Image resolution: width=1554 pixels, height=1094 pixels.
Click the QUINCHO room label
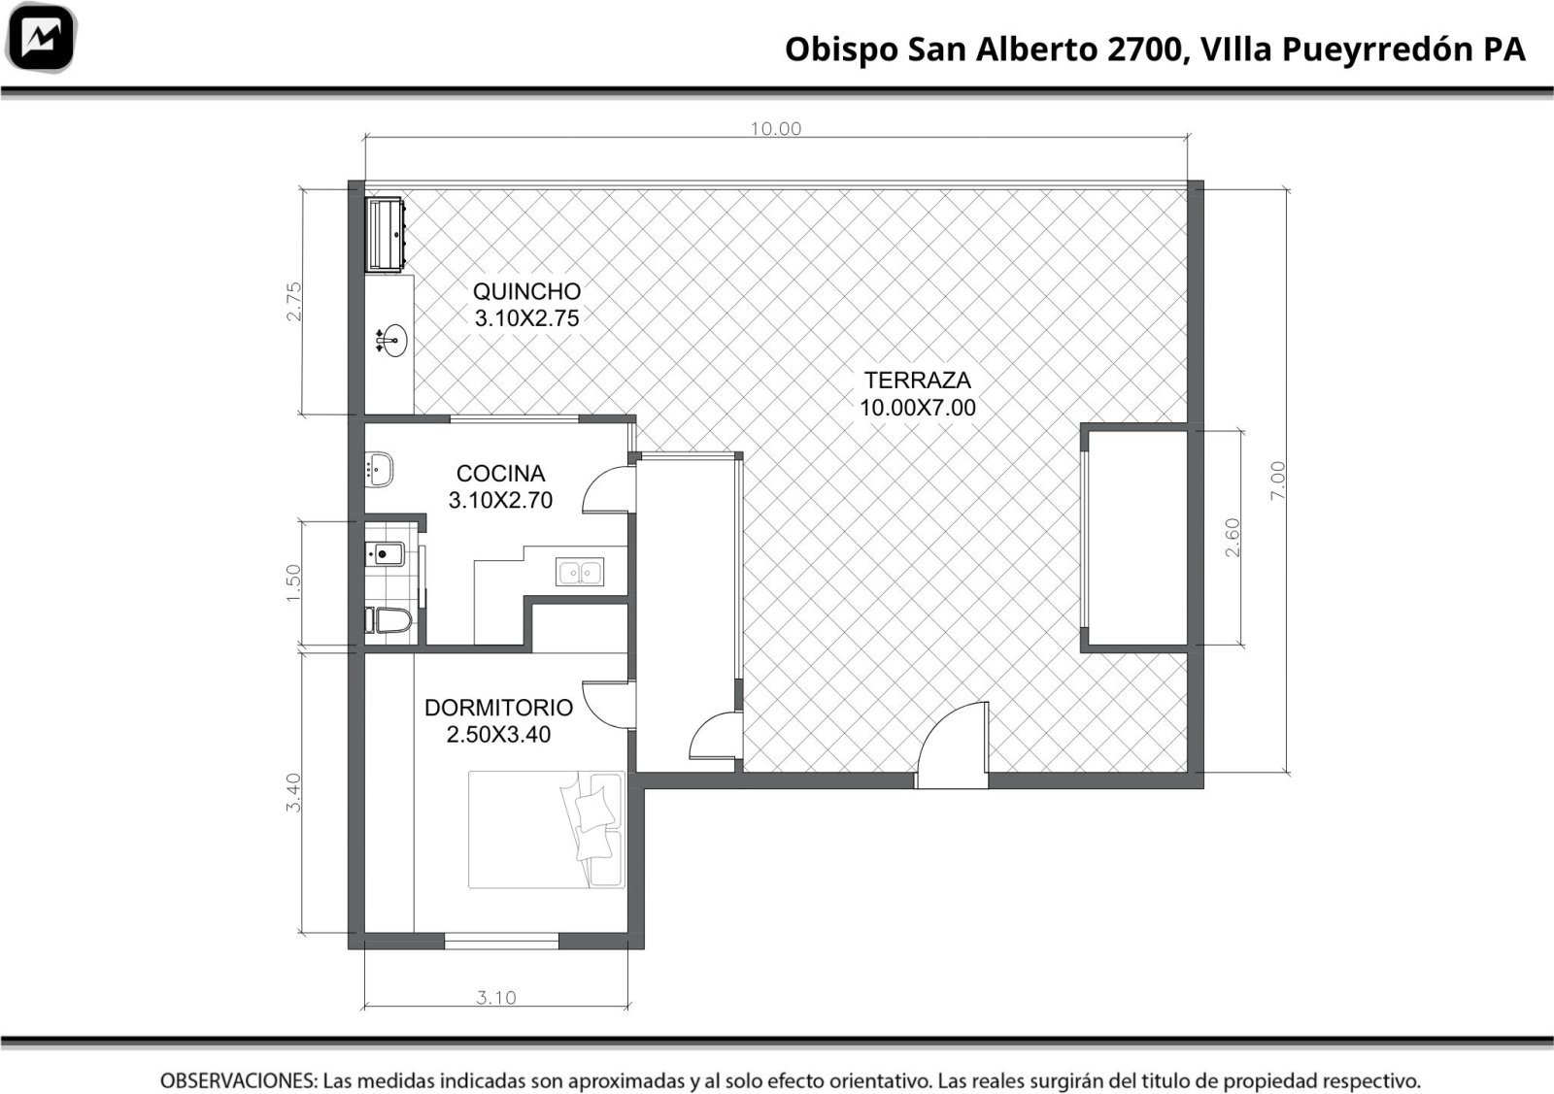526,291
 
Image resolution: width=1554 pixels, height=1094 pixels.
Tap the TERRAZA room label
917,380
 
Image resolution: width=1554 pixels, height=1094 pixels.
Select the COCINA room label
500,474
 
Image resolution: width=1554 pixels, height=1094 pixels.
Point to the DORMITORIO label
499,708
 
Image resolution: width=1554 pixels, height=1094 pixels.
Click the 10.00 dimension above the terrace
776,129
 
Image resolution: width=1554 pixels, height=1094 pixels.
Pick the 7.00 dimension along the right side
1277,481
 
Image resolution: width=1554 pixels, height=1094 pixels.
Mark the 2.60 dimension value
1233,538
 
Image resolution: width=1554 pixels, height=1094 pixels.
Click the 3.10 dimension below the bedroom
496,998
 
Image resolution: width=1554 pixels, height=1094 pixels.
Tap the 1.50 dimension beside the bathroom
293,583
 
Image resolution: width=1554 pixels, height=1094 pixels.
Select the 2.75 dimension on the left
294,301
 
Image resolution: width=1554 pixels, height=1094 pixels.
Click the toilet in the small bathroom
388,620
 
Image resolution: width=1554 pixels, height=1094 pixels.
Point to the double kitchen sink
579,572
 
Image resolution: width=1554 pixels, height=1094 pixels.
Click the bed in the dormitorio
546,829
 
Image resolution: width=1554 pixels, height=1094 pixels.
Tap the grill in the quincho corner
385,234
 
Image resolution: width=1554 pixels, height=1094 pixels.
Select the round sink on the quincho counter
392,341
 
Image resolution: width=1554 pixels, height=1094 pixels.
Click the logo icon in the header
41,38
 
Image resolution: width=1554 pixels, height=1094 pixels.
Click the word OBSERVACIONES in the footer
239,1080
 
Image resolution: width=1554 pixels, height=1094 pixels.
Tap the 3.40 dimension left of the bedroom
293,792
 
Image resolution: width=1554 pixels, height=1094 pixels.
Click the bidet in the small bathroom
385,554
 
